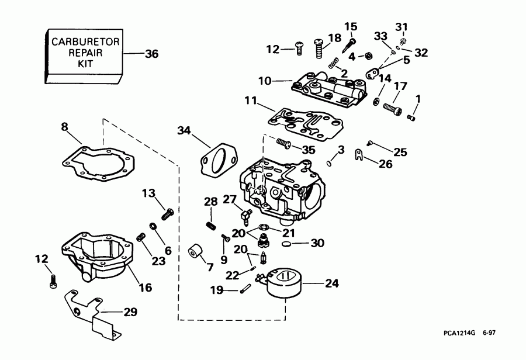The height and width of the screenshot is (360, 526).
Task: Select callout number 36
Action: coord(151,54)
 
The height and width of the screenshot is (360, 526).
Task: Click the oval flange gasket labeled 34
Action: coord(217,160)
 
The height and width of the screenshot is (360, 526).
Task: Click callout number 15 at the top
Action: coord(350,26)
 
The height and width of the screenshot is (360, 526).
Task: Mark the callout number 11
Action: coord(251,101)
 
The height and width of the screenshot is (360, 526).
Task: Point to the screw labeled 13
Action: coord(167,213)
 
